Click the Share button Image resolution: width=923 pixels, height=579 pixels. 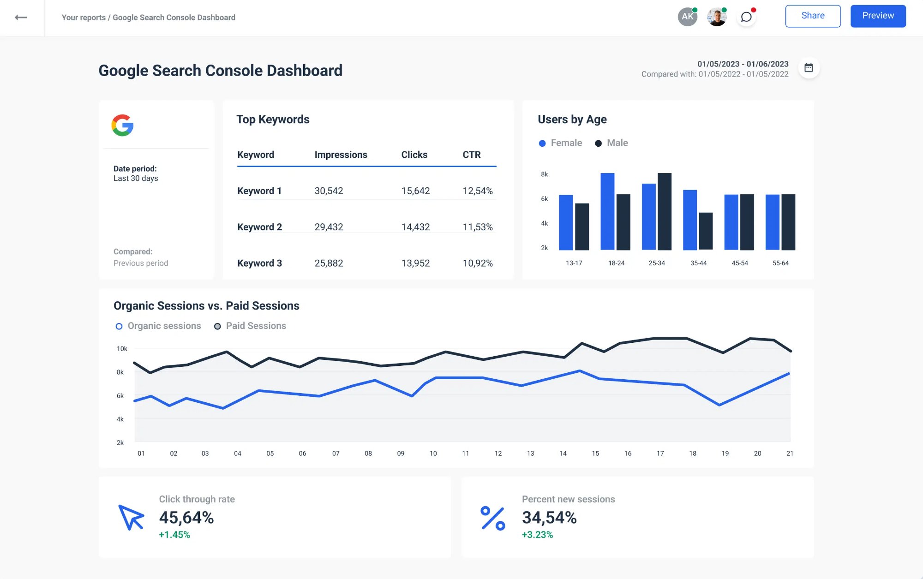coord(813,16)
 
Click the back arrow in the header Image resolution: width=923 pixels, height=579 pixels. coord(21,18)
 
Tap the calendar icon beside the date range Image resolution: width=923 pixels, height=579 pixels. coord(809,68)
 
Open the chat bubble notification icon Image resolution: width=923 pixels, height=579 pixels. coord(746,17)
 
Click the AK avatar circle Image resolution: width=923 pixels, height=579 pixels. coord(687,17)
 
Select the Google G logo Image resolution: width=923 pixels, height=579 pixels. coord(122,125)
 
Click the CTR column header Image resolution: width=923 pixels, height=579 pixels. coord(472,155)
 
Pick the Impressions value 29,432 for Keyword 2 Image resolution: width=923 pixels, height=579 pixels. coord(329,227)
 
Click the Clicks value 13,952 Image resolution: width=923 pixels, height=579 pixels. coord(415,263)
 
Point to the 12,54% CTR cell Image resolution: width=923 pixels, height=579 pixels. coord(478,191)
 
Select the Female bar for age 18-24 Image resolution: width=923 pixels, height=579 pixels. coord(607,211)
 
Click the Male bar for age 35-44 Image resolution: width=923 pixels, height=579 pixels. coord(706,231)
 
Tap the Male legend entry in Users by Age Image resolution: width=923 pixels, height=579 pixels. coord(611,143)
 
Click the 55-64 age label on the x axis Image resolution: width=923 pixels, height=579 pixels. coord(780,263)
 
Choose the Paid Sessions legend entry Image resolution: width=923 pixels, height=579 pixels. coord(250,326)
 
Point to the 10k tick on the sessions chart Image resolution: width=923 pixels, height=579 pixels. coord(122,349)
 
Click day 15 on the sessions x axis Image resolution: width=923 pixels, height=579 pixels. coord(595,454)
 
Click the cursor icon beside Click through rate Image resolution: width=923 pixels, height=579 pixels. coord(131,517)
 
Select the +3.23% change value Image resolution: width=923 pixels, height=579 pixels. coord(537,535)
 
